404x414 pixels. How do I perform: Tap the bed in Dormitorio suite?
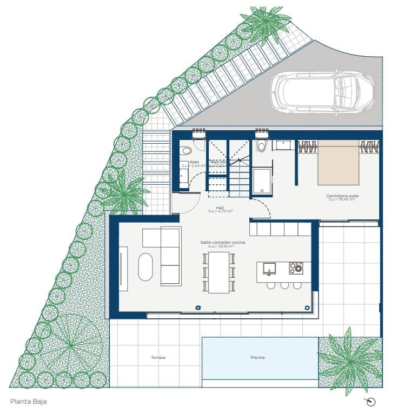pos(338,163)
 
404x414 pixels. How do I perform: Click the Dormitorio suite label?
pos(342,196)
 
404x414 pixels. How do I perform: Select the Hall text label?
pos(220,208)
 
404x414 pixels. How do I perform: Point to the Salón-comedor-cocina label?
pos(223,243)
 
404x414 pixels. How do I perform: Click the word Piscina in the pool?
pos(258,358)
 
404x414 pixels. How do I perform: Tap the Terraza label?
pos(158,358)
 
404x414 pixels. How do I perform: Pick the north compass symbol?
pos(370,402)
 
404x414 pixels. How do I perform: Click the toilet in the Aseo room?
pos(187,150)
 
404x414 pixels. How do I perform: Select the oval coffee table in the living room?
pos(145,267)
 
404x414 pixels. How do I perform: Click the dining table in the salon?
pos(218,272)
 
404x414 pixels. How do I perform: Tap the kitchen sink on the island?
pos(269,268)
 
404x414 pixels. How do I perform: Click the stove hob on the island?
pos(296,268)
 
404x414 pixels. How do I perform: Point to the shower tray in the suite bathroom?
pos(262,181)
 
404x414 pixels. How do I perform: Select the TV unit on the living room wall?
pos(123,269)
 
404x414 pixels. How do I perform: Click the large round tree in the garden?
pos(71,344)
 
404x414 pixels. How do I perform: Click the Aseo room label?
pos(194,162)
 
